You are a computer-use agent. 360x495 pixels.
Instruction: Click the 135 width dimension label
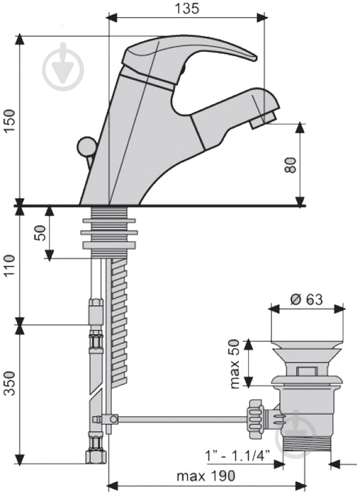(186, 8)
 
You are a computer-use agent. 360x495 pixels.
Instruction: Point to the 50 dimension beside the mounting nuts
(40, 232)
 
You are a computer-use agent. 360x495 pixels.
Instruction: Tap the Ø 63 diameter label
(306, 299)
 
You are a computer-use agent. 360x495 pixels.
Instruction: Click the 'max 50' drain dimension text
(235, 363)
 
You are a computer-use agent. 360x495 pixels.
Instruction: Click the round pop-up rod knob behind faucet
(86, 146)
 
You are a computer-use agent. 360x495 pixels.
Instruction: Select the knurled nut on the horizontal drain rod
(256, 419)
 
